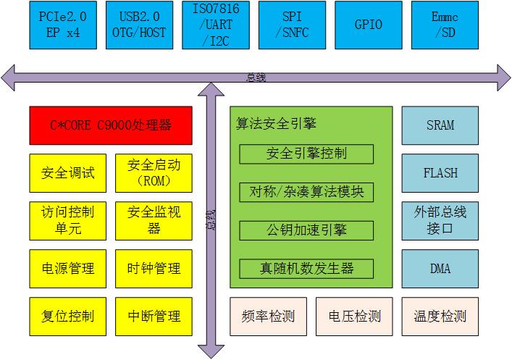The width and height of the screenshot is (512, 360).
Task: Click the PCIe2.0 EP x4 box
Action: point(63,25)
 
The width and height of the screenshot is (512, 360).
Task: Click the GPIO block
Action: point(369,25)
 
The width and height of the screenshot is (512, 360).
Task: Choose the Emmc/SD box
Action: point(445,25)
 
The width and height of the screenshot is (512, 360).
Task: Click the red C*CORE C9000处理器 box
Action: point(111,125)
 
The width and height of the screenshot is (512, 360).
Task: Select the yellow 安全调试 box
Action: point(68,174)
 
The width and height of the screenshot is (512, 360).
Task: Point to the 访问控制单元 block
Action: point(68,221)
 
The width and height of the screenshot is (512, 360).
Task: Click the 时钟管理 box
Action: point(154,269)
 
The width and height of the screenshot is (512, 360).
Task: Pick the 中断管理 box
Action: point(154,316)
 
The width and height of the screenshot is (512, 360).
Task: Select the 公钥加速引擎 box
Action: point(306,231)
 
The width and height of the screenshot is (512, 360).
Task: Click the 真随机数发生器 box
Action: point(306,269)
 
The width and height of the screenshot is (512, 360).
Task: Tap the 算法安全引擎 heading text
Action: point(277,124)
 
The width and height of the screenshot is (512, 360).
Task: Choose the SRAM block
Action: point(440,125)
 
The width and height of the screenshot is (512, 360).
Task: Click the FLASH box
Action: point(440,173)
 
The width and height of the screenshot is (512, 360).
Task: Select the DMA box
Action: point(440,269)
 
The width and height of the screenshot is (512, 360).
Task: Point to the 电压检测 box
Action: point(354,317)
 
